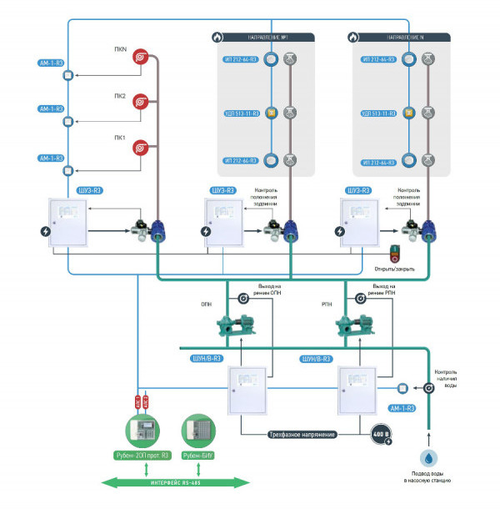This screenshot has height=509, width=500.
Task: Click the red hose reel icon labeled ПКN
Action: coord(142,58)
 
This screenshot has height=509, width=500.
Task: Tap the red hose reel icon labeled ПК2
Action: coord(142,101)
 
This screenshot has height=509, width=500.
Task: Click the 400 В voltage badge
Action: coord(381,434)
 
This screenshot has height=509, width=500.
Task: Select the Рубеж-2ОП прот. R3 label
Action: coord(143,456)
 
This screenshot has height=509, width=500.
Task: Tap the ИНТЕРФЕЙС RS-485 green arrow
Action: coord(175,481)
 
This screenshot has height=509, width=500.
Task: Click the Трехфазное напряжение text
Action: coord(301,435)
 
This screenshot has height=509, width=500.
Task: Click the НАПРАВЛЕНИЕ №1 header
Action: coord(267,38)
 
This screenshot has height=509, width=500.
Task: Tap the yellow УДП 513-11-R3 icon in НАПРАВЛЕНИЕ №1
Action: coord(271,112)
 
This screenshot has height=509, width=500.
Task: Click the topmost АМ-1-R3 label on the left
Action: coord(51,63)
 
